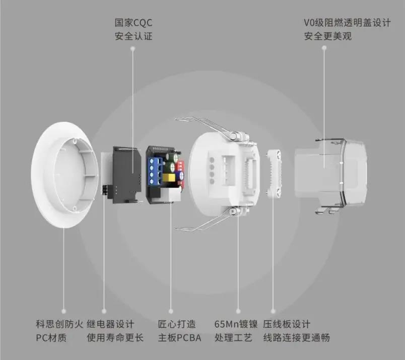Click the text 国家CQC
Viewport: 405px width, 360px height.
(133, 23)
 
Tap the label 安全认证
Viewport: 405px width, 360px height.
(133, 36)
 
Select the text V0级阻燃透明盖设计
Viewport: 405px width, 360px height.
(347, 23)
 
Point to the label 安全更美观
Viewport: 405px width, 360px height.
(328, 36)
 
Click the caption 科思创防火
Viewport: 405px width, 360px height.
(59, 324)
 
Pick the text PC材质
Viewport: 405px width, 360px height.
(51, 337)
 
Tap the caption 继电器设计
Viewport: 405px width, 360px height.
(110, 324)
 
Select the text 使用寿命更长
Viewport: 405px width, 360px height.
(115, 337)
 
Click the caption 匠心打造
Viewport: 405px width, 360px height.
(177, 324)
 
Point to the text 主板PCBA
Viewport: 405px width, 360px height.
(179, 337)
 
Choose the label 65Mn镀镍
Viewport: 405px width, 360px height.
(236, 324)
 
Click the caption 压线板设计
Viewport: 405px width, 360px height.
(287, 324)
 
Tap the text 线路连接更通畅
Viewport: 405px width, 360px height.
(297, 337)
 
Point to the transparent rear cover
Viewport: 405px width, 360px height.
(331, 173)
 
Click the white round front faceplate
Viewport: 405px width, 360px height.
(64, 175)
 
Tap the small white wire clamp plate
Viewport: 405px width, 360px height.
(274, 174)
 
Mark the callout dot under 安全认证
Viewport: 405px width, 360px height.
(133, 48)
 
